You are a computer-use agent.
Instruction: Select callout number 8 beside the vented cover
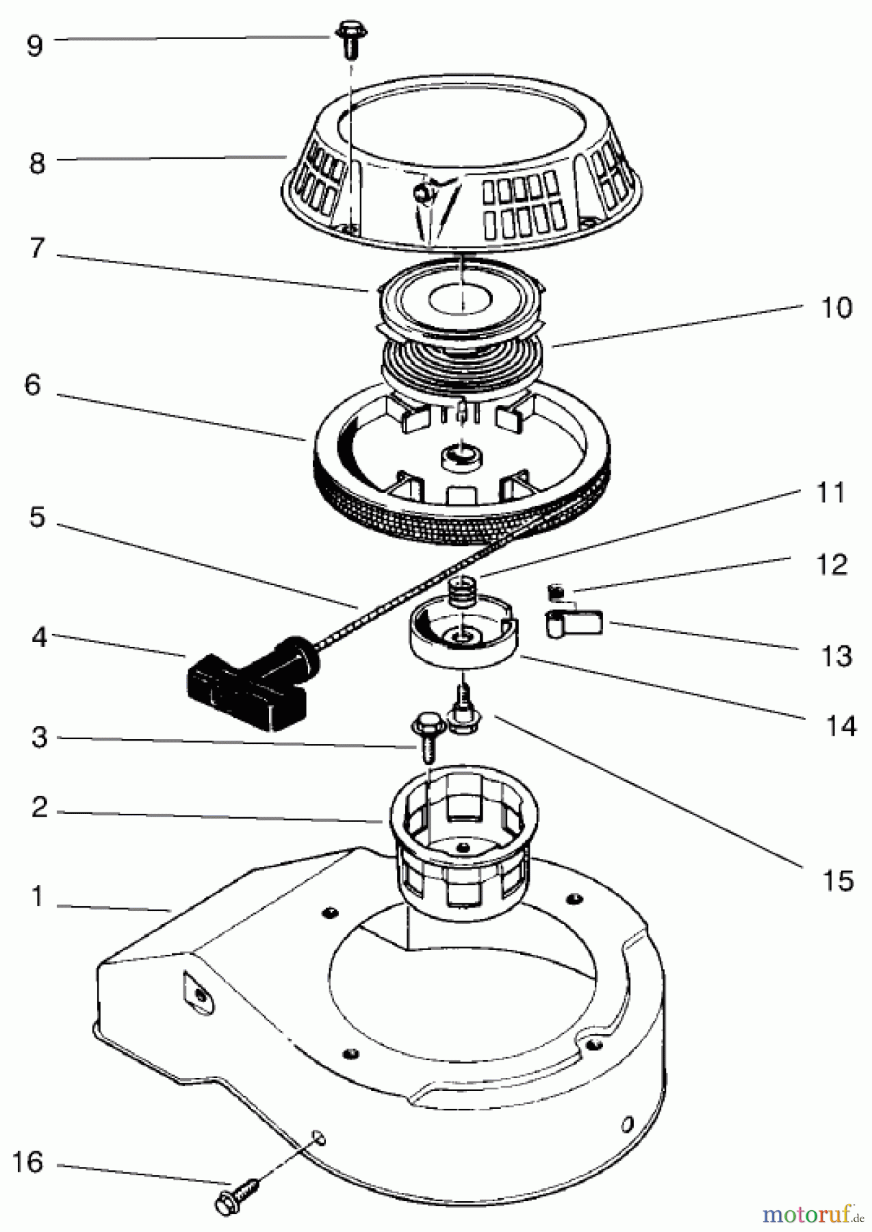(36, 163)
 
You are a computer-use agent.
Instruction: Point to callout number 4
(39, 638)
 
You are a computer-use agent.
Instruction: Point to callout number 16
(28, 1162)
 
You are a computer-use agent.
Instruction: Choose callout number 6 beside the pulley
(33, 385)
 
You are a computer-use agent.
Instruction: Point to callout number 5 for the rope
(37, 517)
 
